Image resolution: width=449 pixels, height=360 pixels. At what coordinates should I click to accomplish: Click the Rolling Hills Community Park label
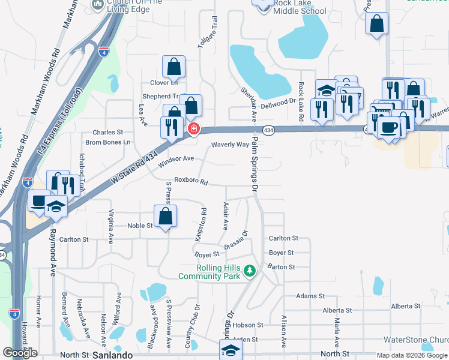[x=209, y=272]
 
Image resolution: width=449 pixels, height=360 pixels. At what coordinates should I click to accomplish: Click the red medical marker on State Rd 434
[x=194, y=128]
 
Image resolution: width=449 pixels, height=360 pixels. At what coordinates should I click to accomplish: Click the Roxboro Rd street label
[x=191, y=181]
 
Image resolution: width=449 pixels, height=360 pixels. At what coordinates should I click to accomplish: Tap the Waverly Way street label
[x=230, y=145]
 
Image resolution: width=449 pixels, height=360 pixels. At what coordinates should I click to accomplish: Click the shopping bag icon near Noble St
[x=165, y=217]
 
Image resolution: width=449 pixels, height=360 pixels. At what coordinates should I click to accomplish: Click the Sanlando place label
[x=110, y=355]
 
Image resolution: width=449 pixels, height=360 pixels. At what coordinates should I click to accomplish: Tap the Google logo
[x=20, y=353]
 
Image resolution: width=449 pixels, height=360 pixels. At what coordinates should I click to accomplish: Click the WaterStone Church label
[x=415, y=340]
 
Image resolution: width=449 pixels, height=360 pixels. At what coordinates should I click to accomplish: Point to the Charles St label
[x=107, y=132]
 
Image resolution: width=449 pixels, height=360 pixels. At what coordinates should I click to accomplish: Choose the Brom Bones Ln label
[x=107, y=142]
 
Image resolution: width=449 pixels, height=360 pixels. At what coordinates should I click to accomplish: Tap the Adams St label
[x=310, y=296]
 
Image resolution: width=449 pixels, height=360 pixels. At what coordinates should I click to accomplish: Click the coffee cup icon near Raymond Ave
[x=39, y=201]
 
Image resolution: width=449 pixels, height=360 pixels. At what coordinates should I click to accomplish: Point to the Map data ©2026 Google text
[x=411, y=355]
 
